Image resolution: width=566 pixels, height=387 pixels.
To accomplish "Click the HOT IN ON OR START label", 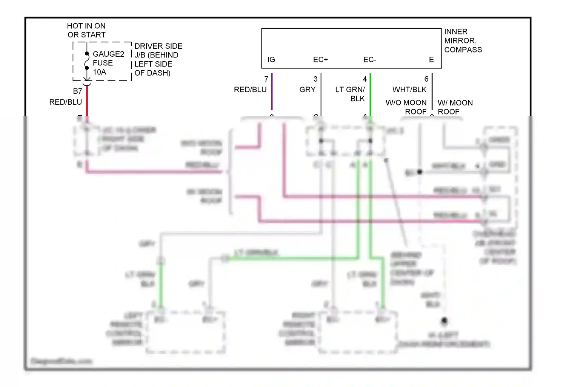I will (x=86, y=30).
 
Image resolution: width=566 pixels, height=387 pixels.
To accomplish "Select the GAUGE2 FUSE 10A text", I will (x=108, y=63).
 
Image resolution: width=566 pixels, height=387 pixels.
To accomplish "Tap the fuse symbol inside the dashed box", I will (x=87, y=61).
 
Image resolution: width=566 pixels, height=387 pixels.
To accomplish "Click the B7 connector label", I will (x=77, y=91).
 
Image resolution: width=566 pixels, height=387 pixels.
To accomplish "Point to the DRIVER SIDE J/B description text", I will (x=158, y=59).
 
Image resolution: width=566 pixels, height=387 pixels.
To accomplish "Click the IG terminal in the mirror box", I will (x=271, y=60).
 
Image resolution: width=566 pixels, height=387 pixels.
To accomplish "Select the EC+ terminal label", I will (x=320, y=60).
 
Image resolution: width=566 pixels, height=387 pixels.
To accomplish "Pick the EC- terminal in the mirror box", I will (x=369, y=60).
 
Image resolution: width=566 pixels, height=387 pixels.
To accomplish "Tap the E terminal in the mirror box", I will (x=431, y=60).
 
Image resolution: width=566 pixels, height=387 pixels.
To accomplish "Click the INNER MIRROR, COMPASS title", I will (x=463, y=40).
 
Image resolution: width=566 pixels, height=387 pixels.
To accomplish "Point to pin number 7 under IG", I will (x=266, y=79).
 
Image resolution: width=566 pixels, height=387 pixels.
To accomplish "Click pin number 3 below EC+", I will (x=315, y=79).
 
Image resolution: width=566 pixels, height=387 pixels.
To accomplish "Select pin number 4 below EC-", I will (x=365, y=79).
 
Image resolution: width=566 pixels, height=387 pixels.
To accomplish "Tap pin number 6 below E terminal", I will (x=426, y=79).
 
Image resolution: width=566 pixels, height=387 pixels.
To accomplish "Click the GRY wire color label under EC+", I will (x=307, y=90).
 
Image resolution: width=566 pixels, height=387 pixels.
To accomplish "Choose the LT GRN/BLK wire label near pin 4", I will (x=350, y=94).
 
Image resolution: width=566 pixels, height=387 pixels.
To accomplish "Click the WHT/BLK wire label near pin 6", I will (x=409, y=90).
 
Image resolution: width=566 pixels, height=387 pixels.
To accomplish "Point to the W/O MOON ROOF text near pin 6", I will (x=406, y=107).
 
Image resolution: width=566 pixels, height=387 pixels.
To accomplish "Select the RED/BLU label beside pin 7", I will (x=250, y=90).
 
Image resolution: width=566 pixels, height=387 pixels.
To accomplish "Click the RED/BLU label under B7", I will (x=65, y=102).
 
